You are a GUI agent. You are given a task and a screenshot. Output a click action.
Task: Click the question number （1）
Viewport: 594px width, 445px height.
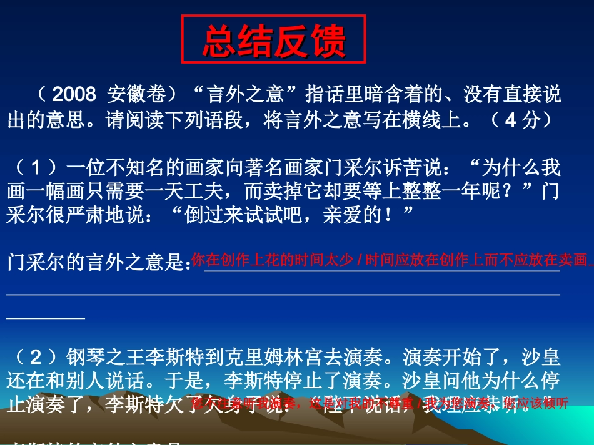35,167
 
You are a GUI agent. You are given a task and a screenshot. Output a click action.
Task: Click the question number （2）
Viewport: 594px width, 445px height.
35,357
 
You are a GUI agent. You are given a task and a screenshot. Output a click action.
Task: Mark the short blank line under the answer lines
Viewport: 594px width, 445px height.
45,318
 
